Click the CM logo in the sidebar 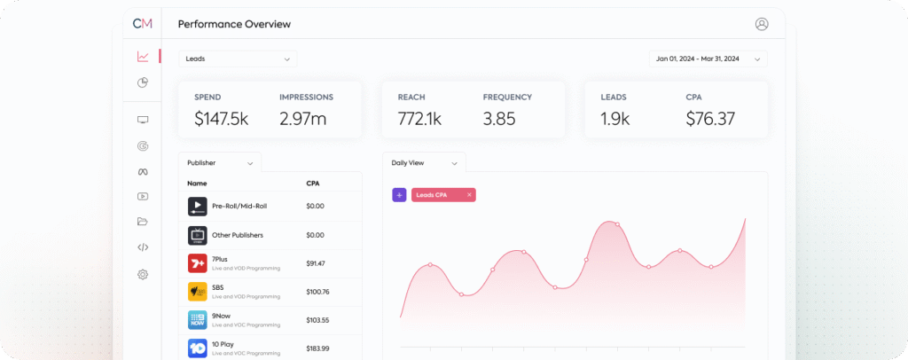(142, 24)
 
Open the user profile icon (761, 24)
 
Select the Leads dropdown (238, 59)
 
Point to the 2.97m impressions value (302, 119)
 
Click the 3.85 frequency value (499, 119)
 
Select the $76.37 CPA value (710, 119)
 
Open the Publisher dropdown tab (220, 163)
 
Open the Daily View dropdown (424, 163)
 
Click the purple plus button (399, 194)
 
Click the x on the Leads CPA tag (469, 194)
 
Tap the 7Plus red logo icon (197, 263)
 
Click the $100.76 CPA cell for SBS (317, 292)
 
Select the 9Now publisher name (220, 316)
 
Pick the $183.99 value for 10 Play (317, 348)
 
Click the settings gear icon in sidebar (143, 275)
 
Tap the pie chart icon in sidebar (143, 82)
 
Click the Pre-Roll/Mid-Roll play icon (197, 207)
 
